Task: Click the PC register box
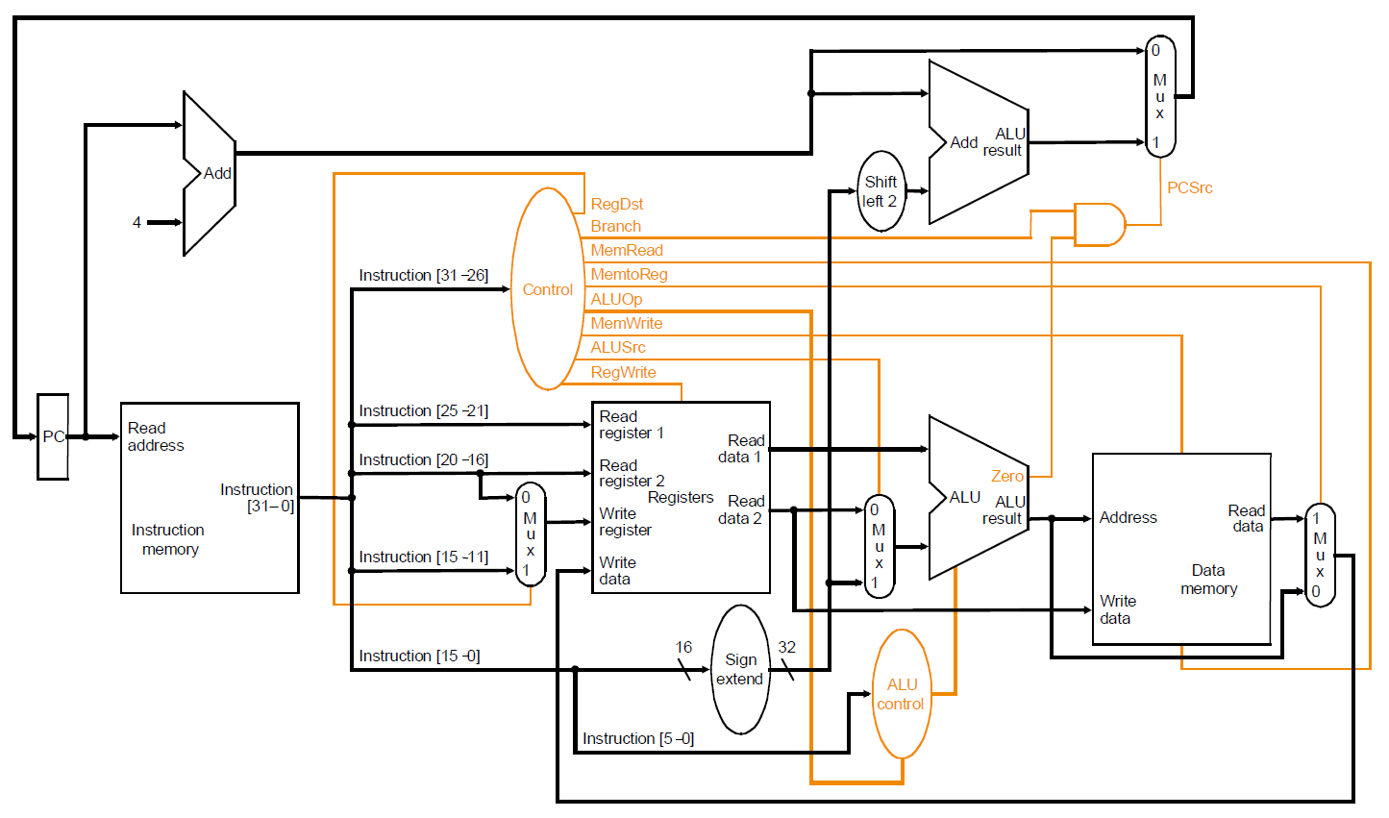(53, 436)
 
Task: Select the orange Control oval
(547, 289)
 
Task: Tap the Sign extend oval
(740, 669)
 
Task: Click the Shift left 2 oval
(881, 191)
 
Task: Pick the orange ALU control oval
(901, 694)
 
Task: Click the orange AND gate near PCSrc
(1099, 225)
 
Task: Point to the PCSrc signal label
(1189, 188)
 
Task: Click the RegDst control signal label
(616, 204)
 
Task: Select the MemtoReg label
(629, 275)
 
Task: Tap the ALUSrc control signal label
(617, 347)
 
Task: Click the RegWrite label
(623, 373)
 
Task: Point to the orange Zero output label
(1006, 476)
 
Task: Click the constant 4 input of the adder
(136, 222)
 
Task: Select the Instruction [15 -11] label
(423, 558)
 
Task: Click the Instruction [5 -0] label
(637, 739)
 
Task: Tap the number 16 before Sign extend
(683, 647)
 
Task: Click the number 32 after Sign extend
(786, 647)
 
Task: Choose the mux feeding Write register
(530, 534)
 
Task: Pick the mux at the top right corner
(1159, 96)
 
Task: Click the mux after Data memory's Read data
(1320, 555)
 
